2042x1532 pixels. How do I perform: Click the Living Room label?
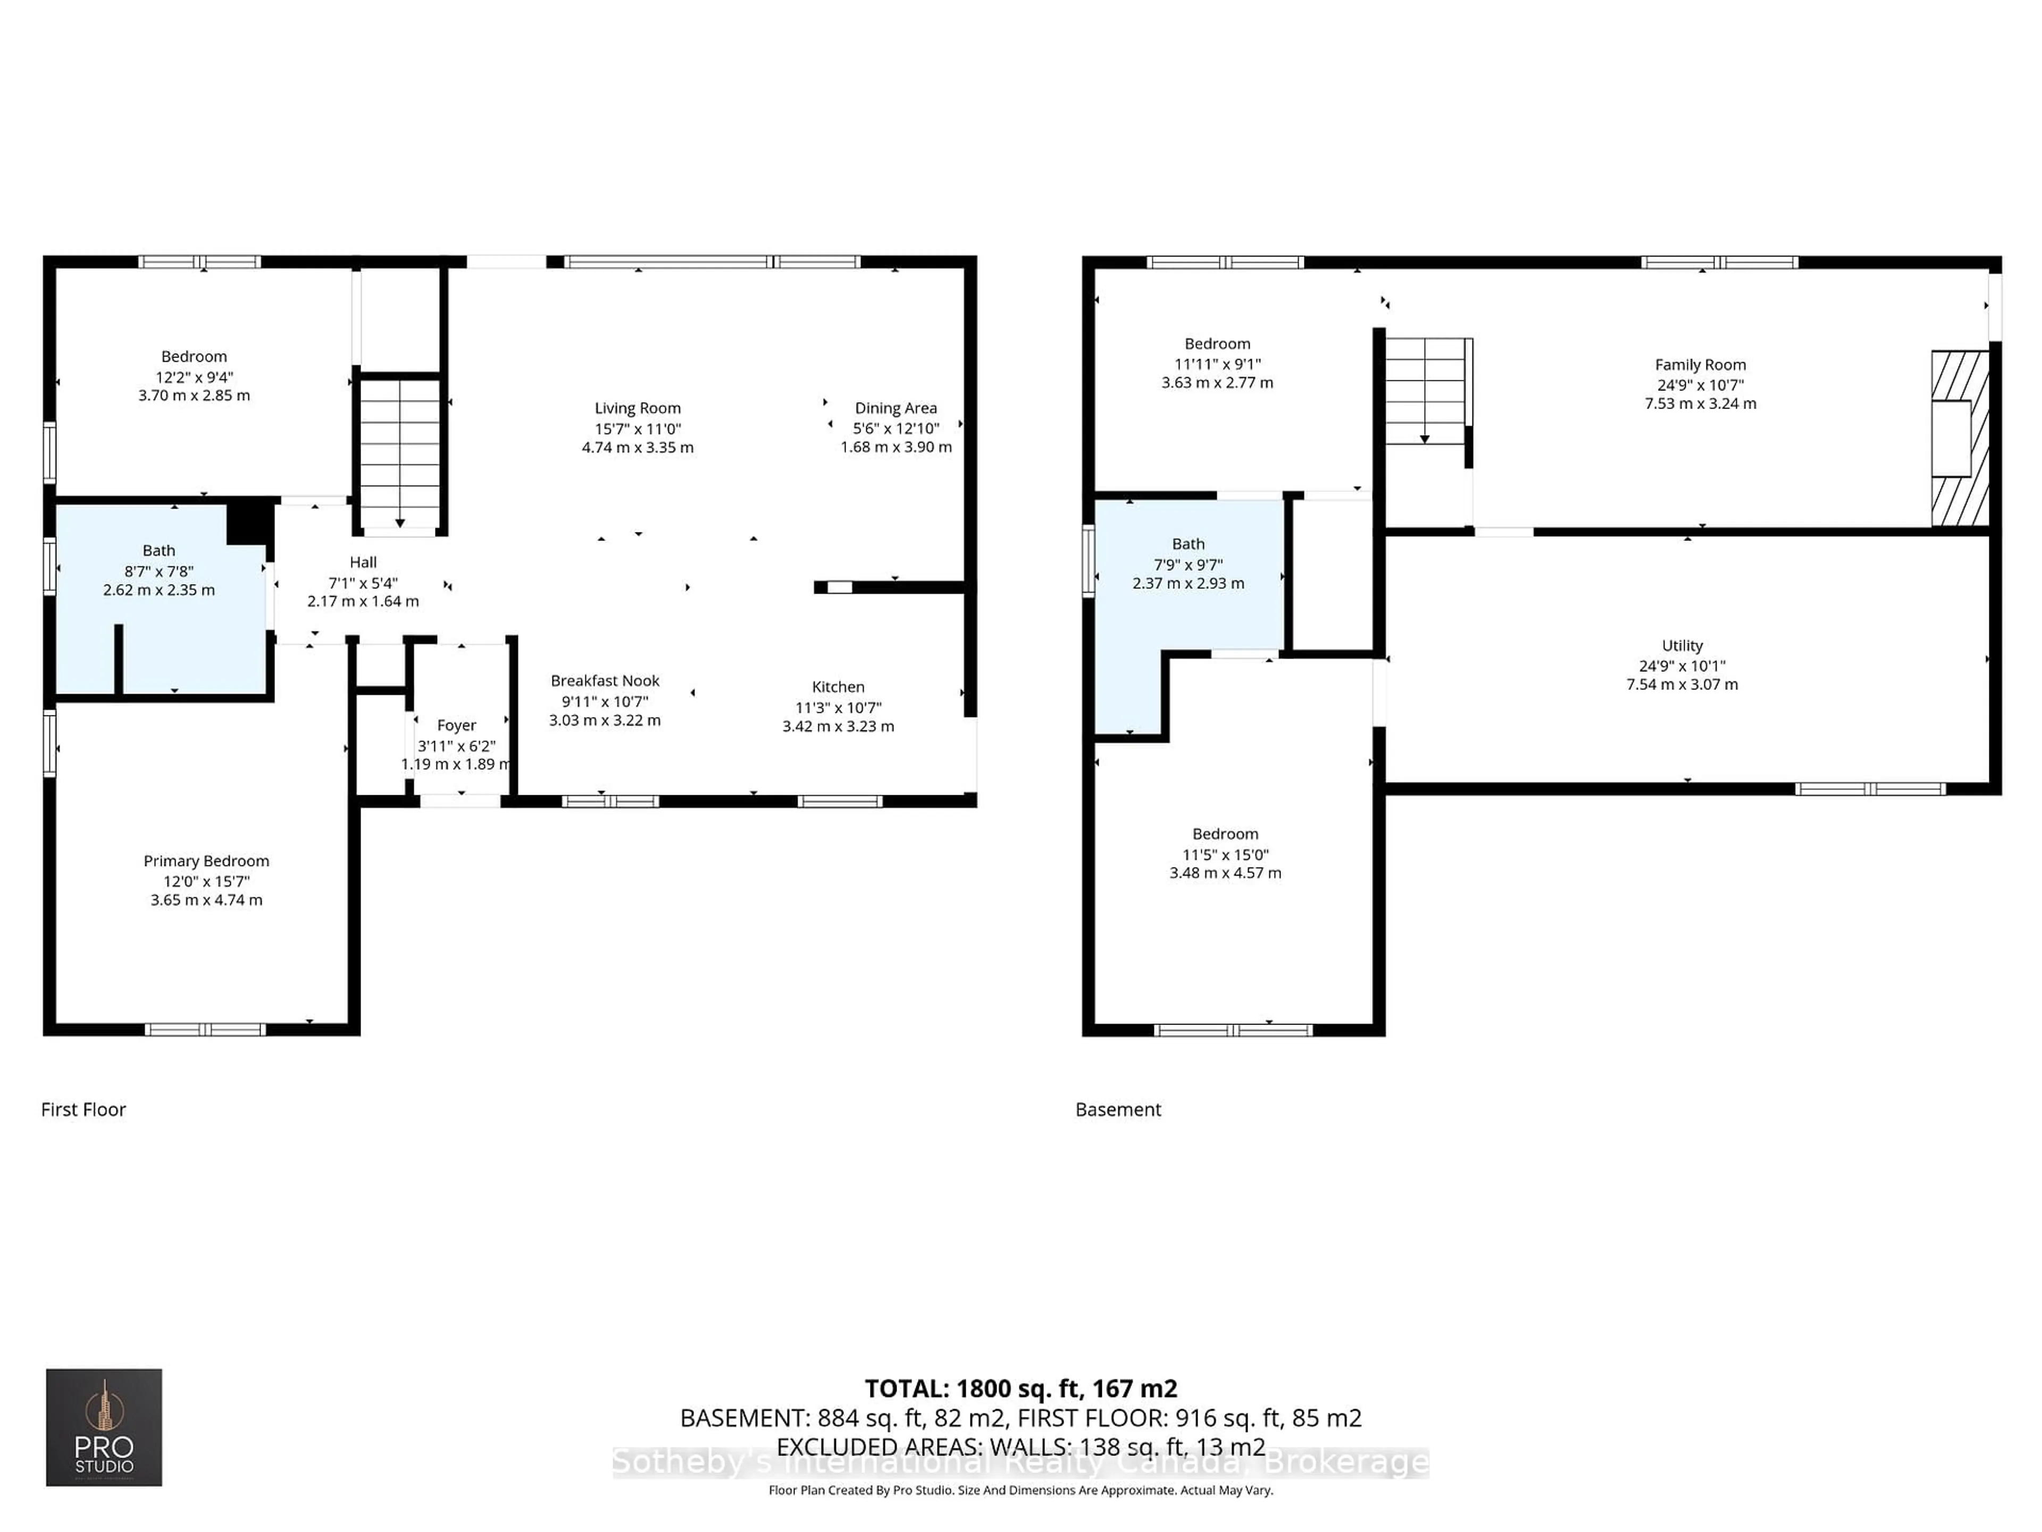(x=637, y=408)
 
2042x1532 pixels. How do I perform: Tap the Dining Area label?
(x=896, y=408)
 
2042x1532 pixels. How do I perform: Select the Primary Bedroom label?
(x=206, y=861)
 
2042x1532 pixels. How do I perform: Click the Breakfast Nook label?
(x=605, y=680)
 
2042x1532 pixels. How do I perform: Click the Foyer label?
(x=456, y=726)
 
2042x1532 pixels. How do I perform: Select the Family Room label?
(x=1700, y=365)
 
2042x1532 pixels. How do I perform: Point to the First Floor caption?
(x=83, y=1109)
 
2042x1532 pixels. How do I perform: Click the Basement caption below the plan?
(x=1117, y=1109)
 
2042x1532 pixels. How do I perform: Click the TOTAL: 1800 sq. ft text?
(x=1020, y=1388)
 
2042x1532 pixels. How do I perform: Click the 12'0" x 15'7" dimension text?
(x=206, y=881)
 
